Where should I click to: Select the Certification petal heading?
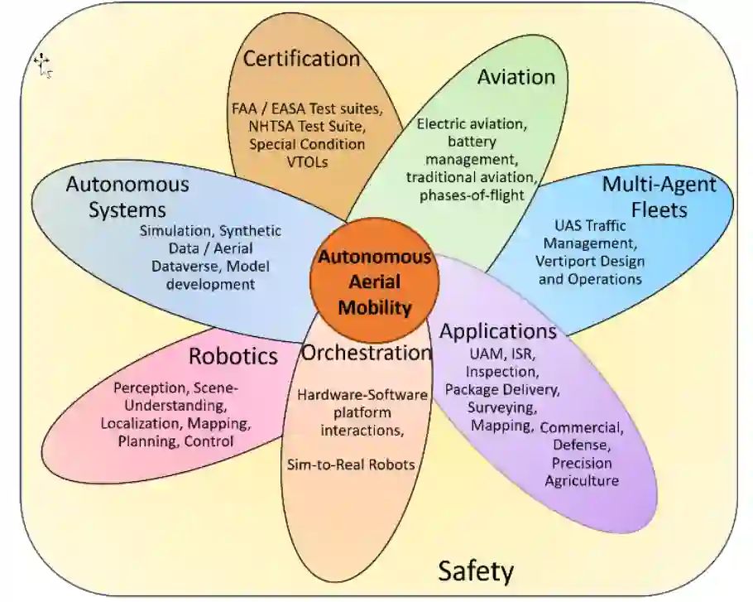[x=301, y=60]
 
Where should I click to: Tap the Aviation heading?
[x=516, y=77]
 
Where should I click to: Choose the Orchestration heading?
[x=366, y=353]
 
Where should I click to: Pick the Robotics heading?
[x=233, y=357]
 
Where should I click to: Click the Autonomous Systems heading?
[x=127, y=196]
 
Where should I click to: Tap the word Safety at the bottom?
[x=475, y=571]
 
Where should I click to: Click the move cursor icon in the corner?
[x=42, y=64]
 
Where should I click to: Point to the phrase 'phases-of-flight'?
[x=472, y=195]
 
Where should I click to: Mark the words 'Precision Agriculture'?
[x=581, y=472]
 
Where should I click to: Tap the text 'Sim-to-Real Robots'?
[x=350, y=465]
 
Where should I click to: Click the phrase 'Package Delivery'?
[x=501, y=388]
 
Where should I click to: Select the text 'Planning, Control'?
[x=175, y=441]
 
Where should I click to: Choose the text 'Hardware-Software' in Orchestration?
[x=362, y=395]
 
